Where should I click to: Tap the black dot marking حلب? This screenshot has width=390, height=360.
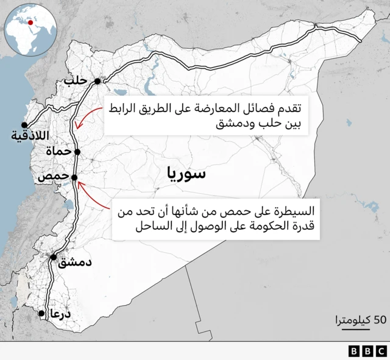(x=96, y=80)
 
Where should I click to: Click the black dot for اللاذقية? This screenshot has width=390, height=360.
(x=24, y=125)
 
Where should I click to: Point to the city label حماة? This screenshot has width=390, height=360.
(x=58, y=151)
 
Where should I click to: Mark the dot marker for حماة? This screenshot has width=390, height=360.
(x=77, y=152)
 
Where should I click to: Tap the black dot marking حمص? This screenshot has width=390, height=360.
(x=74, y=178)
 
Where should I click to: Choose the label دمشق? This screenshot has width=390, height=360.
(x=76, y=263)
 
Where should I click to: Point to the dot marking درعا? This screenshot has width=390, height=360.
(x=41, y=314)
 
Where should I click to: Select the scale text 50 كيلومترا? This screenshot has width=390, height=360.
(x=360, y=319)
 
